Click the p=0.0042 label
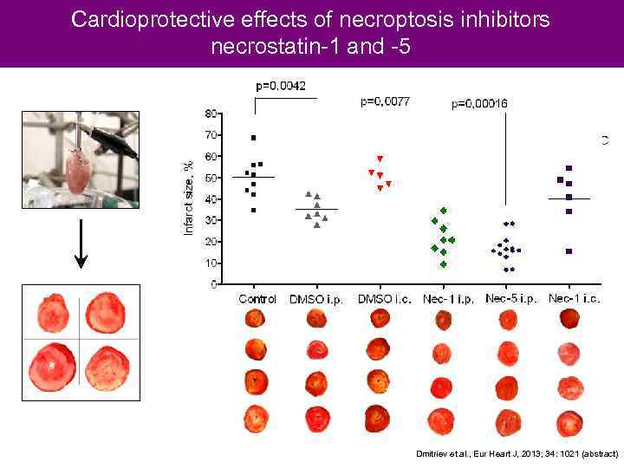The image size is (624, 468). tap(280, 86)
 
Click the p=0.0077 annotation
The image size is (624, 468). tap(385, 101)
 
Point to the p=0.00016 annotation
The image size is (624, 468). tap(479, 104)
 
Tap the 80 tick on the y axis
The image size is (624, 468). tap(211, 114)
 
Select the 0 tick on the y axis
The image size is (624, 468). tap(214, 284)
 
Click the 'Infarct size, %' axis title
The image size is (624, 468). tap(189, 198)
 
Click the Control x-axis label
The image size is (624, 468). tap(257, 299)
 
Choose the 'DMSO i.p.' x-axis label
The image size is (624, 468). tap(315, 299)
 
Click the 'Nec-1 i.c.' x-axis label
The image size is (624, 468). tap(574, 299)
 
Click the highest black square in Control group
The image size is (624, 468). tap(253, 138)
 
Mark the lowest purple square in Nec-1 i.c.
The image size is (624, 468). tap(569, 251)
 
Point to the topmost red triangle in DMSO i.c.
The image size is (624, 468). tap(380, 159)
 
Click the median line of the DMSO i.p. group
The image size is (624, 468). tap(315, 210)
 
